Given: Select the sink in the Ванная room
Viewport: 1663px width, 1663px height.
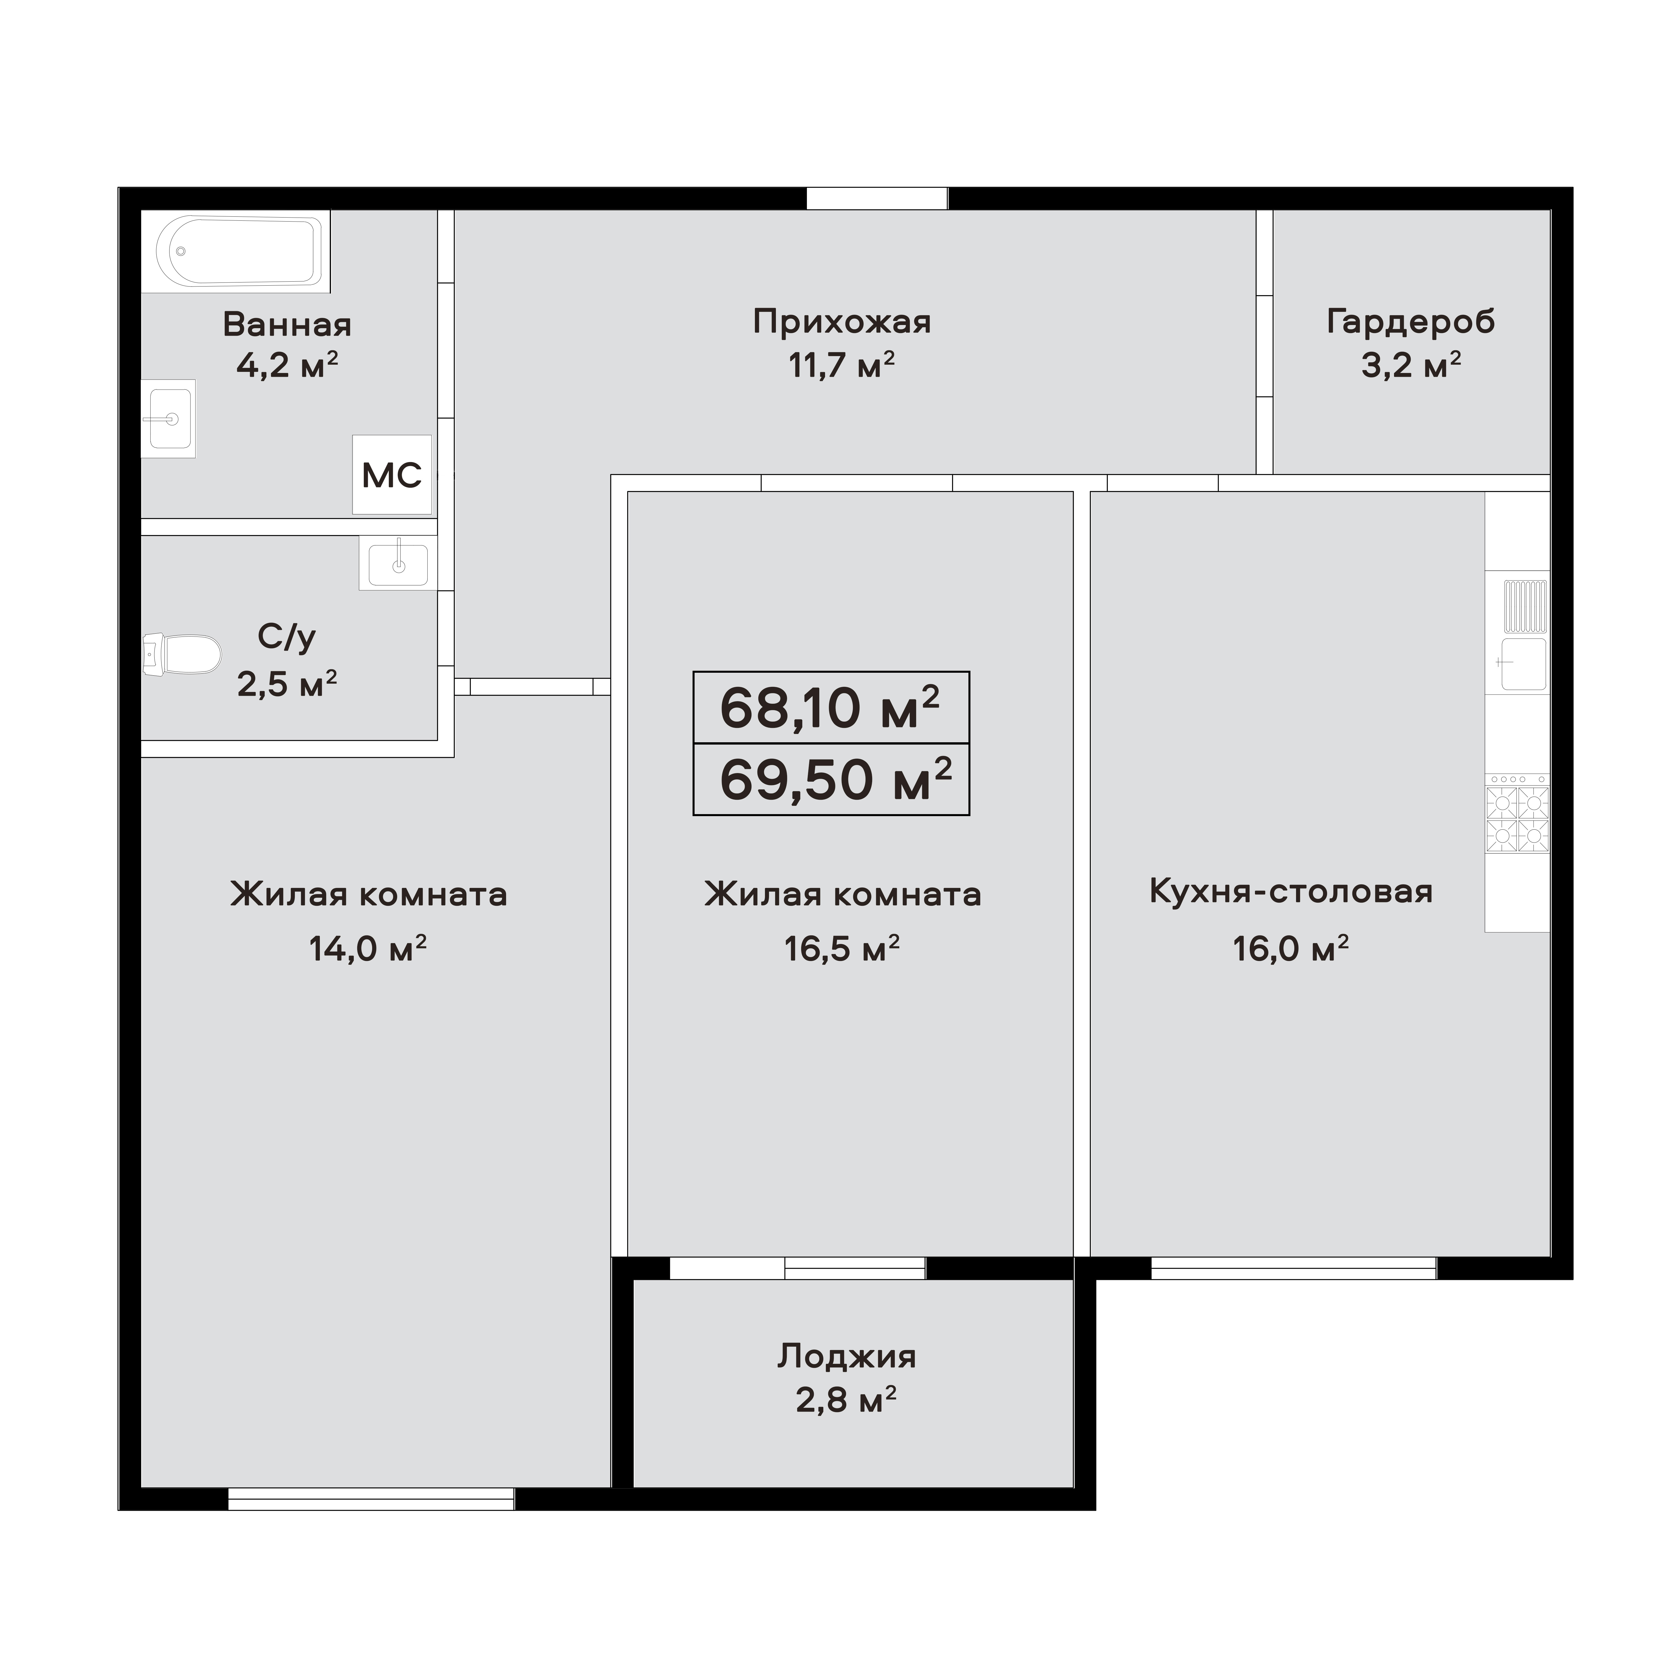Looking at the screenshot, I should [x=170, y=418].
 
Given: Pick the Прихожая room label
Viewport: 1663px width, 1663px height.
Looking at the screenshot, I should [x=841, y=322].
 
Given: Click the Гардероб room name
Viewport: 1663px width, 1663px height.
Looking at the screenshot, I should [x=1410, y=322].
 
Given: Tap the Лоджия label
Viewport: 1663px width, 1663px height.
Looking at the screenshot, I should [x=846, y=1357].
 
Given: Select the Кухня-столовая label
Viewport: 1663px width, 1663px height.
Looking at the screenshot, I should [x=1290, y=892].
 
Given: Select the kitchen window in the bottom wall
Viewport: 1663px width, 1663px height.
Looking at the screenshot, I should [x=1293, y=1268].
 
